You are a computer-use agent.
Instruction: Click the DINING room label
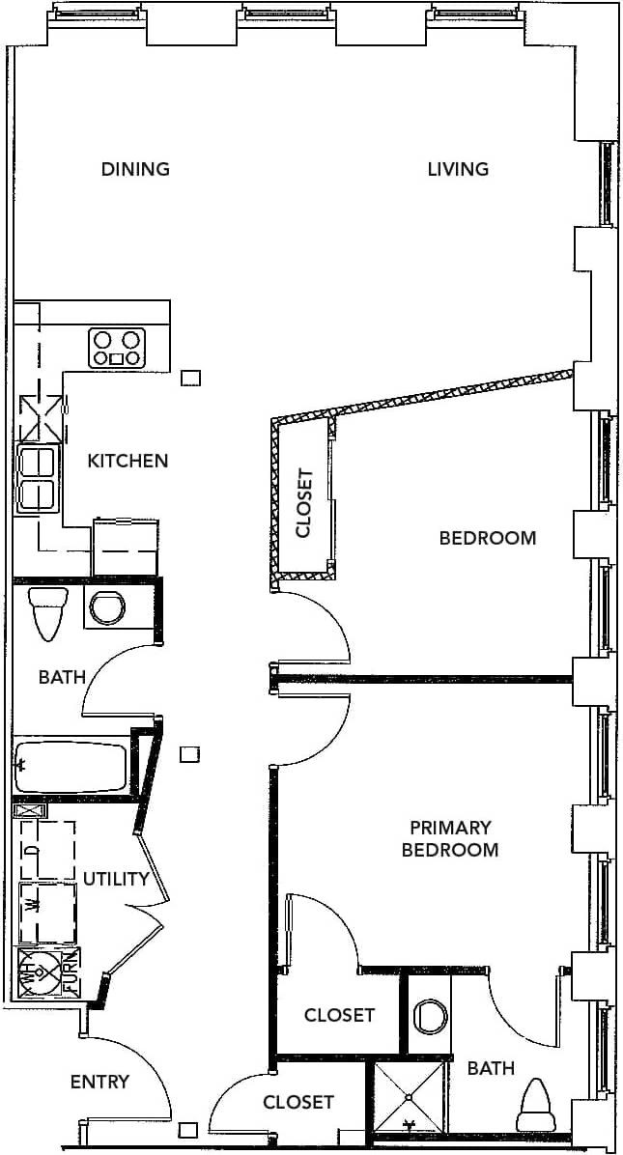(x=135, y=169)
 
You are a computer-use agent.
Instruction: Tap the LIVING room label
(x=458, y=169)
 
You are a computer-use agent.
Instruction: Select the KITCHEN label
(x=127, y=461)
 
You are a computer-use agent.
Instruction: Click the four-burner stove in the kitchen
(x=117, y=348)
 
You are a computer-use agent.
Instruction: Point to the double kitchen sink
(x=38, y=479)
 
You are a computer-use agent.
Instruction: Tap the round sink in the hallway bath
(x=106, y=607)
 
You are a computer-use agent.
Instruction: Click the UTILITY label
(x=116, y=879)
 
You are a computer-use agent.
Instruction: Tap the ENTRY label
(x=99, y=1082)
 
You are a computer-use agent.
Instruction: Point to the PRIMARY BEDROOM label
(x=450, y=838)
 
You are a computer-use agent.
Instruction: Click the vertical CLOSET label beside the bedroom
(x=304, y=503)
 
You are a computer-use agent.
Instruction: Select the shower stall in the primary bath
(x=410, y=1096)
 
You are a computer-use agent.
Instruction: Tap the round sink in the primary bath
(x=429, y=1017)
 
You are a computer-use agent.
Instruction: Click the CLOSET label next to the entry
(x=298, y=1102)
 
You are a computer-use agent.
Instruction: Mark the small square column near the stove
(x=191, y=378)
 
